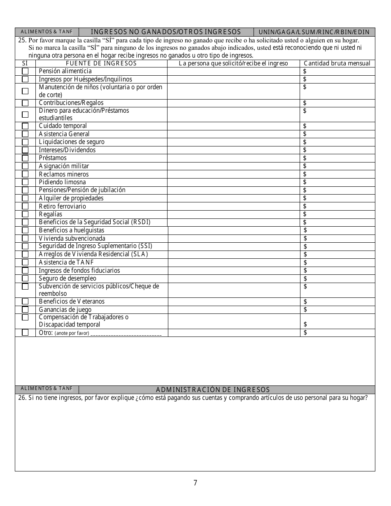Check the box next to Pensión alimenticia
tap(25, 71)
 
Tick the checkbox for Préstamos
tap(25, 158)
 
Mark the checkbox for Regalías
tap(25, 214)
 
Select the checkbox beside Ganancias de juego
tap(25, 309)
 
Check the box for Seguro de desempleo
tap(25, 279)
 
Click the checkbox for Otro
tap(25, 332)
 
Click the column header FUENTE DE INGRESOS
tap(101, 63)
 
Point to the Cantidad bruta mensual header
tap(337, 63)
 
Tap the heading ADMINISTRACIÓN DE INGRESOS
tap(213, 390)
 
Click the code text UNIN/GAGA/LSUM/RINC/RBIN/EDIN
tap(314, 32)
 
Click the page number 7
tap(195, 483)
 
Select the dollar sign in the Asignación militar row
tap(305, 166)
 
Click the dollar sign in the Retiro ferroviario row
tap(305, 206)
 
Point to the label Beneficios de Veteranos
tap(72, 302)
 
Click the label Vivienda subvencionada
tap(72, 238)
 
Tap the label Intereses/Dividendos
tap(67, 150)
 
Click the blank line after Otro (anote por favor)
tap(126, 333)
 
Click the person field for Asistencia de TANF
tap(234, 262)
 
